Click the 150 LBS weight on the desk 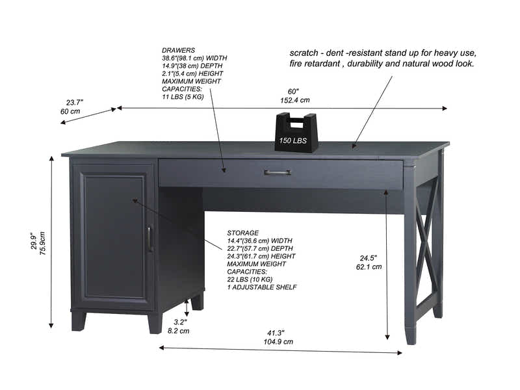296,133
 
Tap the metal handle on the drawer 278,172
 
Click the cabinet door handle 150,238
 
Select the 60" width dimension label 294,91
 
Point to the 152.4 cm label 294,100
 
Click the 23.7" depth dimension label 74,102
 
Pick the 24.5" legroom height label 369,257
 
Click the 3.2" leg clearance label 180,321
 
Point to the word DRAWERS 178,50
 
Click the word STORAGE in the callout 242,232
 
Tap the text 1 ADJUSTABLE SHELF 262,287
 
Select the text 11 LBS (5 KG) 183,97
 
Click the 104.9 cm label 278,341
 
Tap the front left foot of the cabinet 78,320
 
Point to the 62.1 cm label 369,266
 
